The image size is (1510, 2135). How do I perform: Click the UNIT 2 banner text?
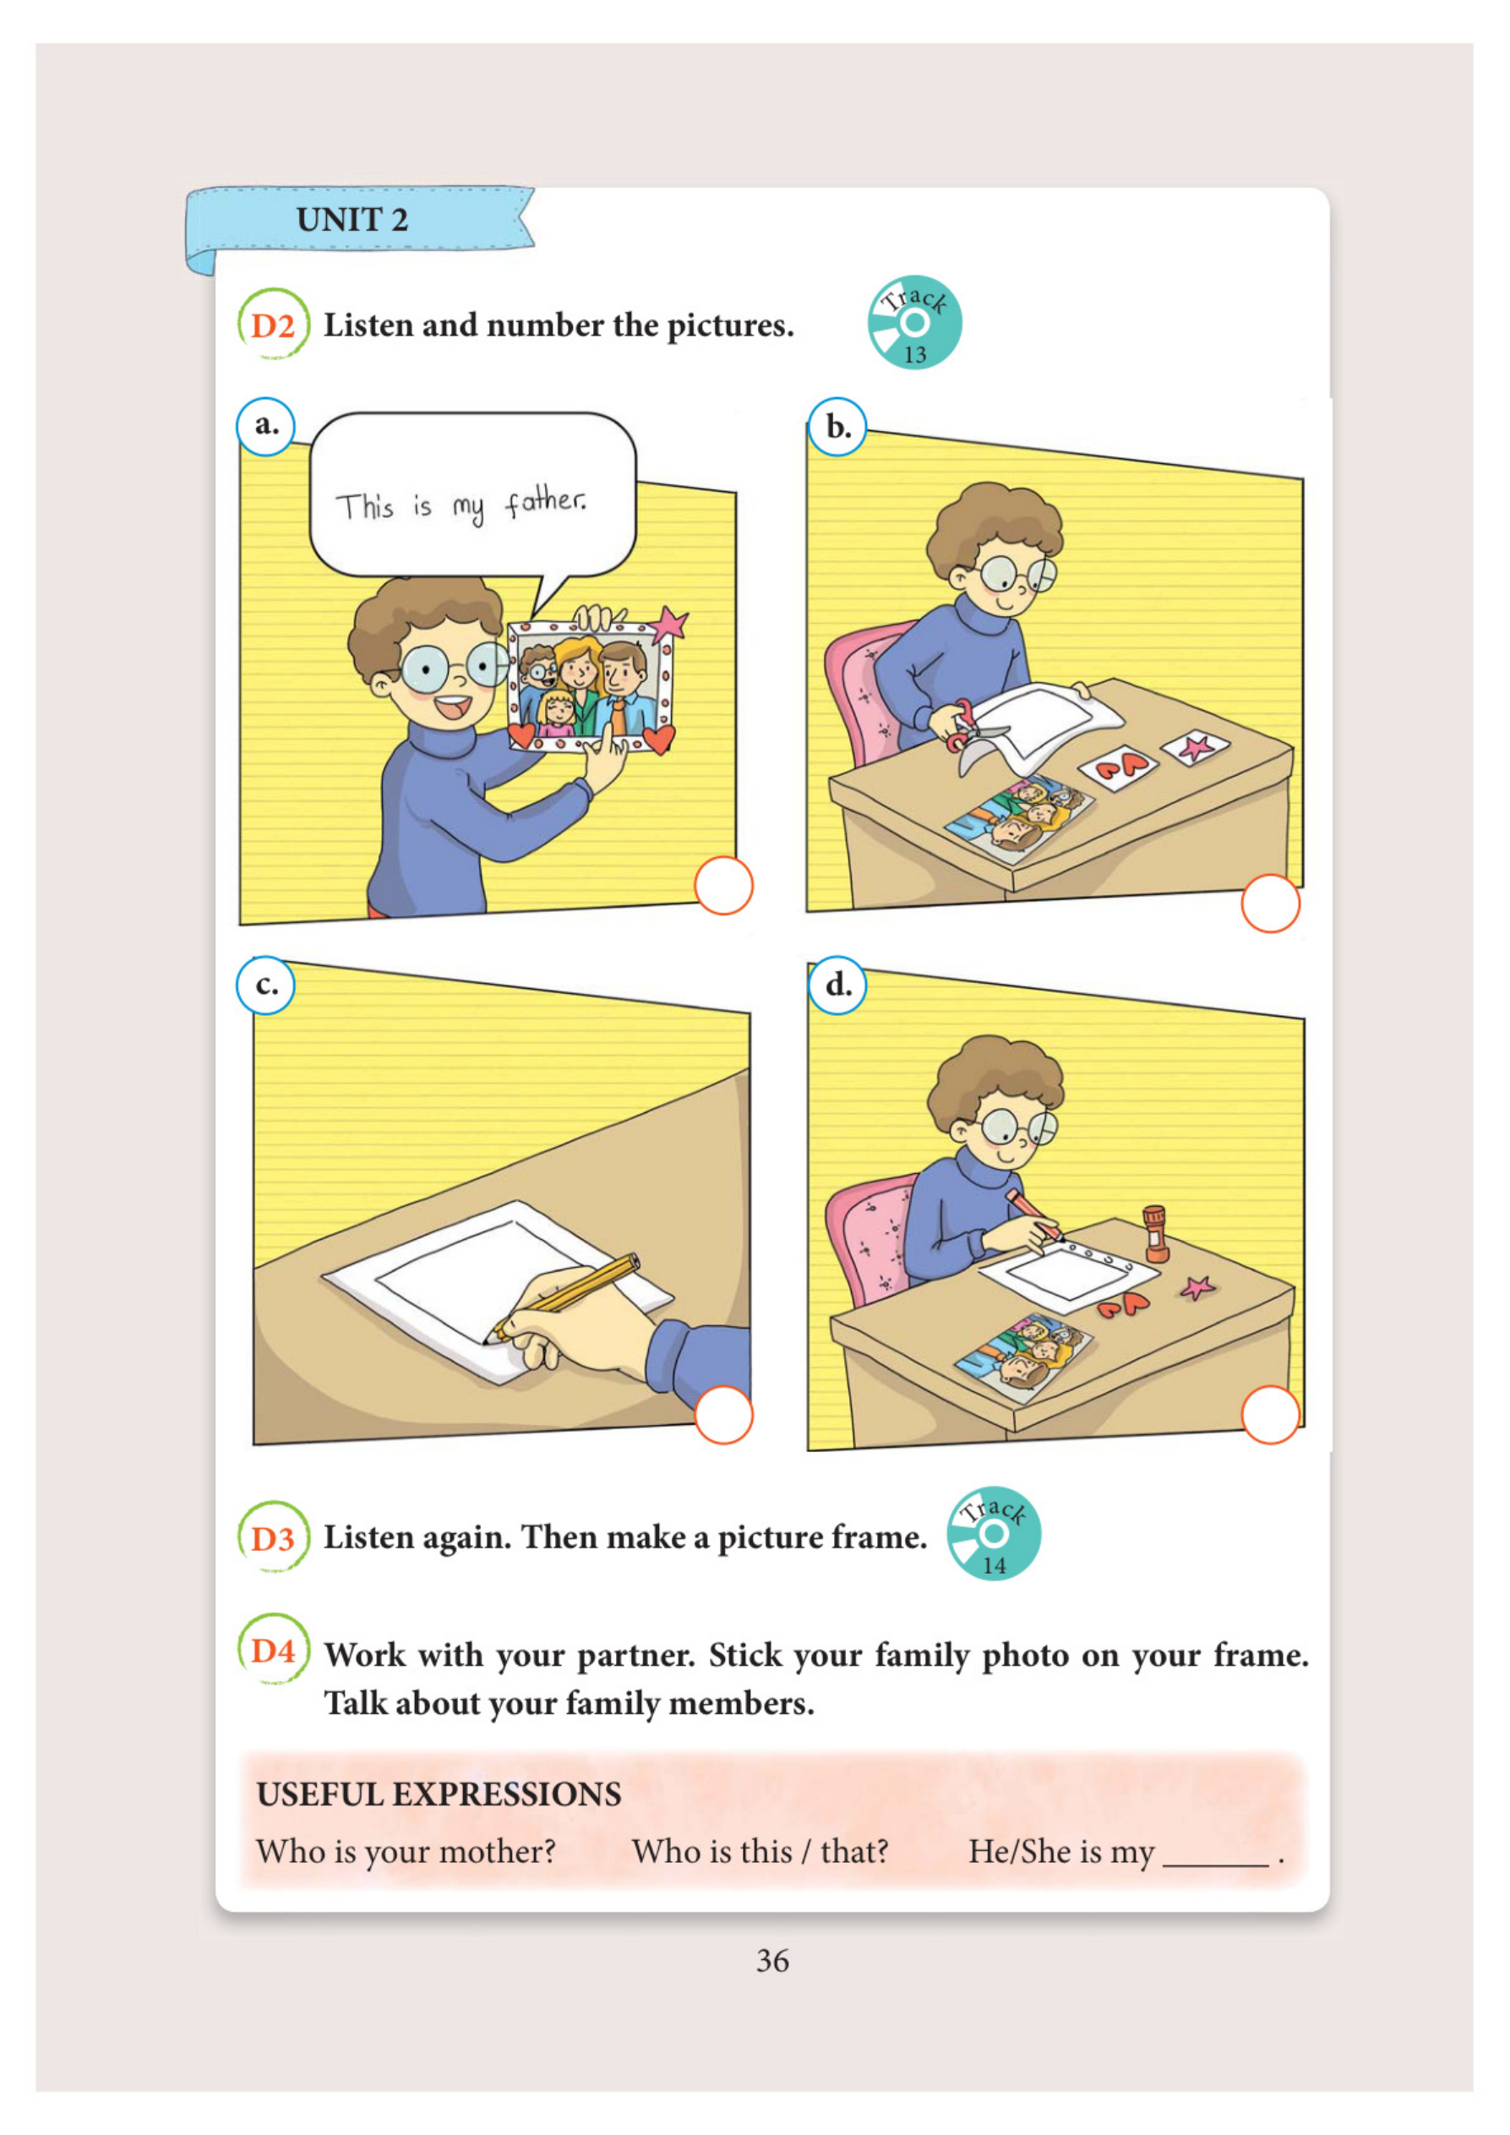pos(352,220)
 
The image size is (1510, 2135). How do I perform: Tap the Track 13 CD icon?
pos(914,323)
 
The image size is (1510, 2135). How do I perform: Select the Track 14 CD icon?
pos(993,1533)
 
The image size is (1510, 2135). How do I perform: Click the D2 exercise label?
pos(272,325)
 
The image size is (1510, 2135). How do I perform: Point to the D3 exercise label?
pos(272,1538)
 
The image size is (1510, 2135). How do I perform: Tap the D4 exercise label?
pos(272,1651)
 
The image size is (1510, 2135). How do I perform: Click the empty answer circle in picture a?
pos(723,885)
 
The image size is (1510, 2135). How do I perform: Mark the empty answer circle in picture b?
pos(1270,903)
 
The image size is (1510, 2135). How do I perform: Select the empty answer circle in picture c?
pos(723,1415)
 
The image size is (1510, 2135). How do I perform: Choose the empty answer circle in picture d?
pos(1270,1415)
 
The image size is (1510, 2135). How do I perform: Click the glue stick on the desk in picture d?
pos(1155,1234)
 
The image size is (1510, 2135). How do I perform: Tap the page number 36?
pos(772,1960)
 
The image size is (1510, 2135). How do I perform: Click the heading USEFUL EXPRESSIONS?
pos(439,1794)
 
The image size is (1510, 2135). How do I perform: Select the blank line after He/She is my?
pos(1216,1864)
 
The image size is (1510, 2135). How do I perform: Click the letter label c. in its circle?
pos(266,985)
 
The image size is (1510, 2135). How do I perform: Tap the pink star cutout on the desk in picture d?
pos(1197,1287)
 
